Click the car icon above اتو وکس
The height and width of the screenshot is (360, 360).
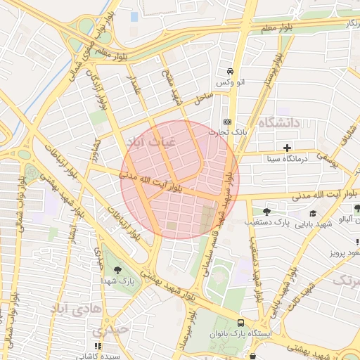tap(231, 72)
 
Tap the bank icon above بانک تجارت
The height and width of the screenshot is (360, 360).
tap(226, 120)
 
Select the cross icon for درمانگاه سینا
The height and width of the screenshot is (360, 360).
tap(287, 148)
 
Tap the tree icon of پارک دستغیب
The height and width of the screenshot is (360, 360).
tap(266, 211)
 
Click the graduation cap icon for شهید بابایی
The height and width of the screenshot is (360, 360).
tap(312, 213)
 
